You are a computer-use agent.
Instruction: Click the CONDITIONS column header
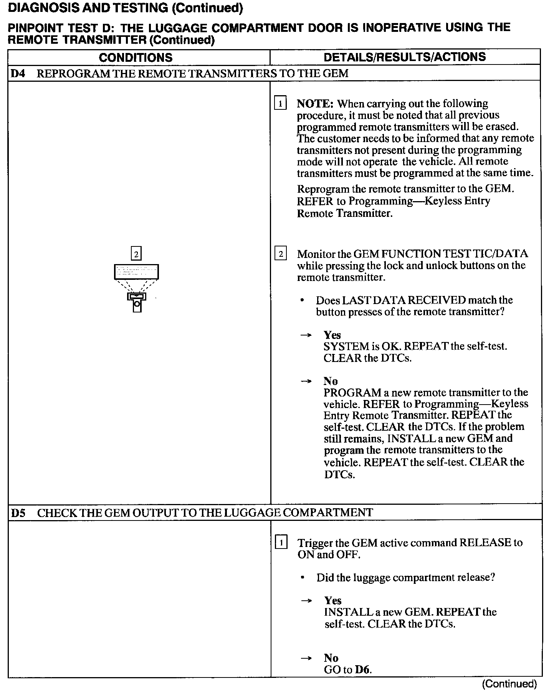click(136, 58)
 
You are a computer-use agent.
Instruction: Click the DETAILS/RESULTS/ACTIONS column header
click(405, 57)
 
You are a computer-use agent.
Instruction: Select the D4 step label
click(18, 73)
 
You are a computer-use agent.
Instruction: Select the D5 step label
click(18, 513)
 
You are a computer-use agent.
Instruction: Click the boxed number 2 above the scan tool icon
click(136, 254)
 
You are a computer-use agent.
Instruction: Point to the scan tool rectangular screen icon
click(136, 271)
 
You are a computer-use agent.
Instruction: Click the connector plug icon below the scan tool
click(137, 301)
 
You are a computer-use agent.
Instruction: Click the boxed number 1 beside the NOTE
click(280, 104)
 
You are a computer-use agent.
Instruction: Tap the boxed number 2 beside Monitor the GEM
click(281, 254)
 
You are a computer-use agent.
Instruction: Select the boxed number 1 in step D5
click(281, 543)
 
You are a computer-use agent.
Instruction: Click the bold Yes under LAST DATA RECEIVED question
click(332, 335)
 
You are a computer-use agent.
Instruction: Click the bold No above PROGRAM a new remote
click(331, 381)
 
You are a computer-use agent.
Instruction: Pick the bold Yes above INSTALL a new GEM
click(332, 601)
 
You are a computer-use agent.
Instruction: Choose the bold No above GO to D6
click(331, 658)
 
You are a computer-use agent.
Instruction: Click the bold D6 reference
click(363, 670)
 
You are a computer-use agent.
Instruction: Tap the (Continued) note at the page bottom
click(509, 684)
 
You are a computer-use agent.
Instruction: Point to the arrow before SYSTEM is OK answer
click(306, 335)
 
